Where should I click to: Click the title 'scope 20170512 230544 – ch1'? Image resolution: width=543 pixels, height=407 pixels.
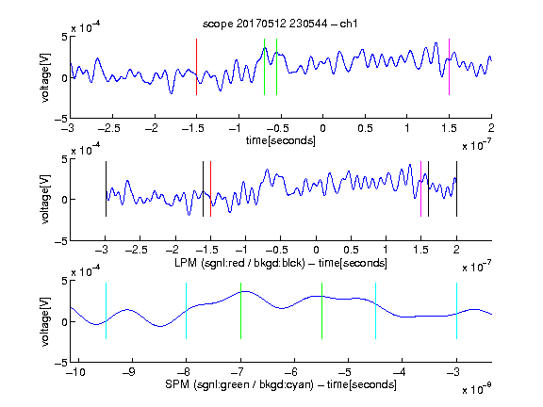280,24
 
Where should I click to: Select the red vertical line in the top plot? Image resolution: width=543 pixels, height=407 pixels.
197,67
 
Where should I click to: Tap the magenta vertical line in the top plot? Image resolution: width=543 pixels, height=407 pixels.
449,67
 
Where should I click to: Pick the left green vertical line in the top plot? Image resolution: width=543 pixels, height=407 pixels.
264,67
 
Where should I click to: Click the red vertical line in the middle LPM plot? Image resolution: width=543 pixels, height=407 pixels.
210,189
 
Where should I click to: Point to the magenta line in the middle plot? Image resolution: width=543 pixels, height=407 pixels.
420,189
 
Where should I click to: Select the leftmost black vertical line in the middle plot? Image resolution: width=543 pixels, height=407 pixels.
106,189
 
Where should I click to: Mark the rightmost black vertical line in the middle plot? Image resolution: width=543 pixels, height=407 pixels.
456,189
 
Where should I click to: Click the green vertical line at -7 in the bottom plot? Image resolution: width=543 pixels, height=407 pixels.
240,311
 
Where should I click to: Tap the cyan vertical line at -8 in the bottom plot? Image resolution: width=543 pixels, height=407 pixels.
187,311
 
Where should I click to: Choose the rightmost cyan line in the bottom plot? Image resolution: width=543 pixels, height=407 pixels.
456,311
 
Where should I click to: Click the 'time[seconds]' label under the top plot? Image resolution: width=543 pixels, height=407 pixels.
281,140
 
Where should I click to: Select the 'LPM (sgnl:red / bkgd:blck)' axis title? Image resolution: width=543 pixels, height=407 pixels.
239,263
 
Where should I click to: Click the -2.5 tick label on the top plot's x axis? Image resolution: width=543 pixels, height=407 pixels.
109,128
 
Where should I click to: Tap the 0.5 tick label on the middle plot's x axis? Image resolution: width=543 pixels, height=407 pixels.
351,250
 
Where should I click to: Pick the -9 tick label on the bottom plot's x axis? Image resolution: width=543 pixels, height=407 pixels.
129,372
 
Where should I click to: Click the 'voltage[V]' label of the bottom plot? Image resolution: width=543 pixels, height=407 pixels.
45,321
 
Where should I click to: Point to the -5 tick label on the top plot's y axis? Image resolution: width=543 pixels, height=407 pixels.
61,119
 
